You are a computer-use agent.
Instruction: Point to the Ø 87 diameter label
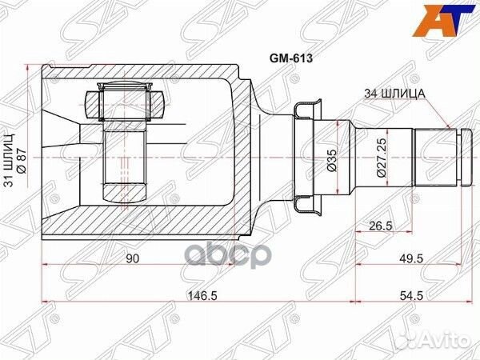point(22,162)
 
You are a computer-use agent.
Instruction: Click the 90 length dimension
point(133,259)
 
